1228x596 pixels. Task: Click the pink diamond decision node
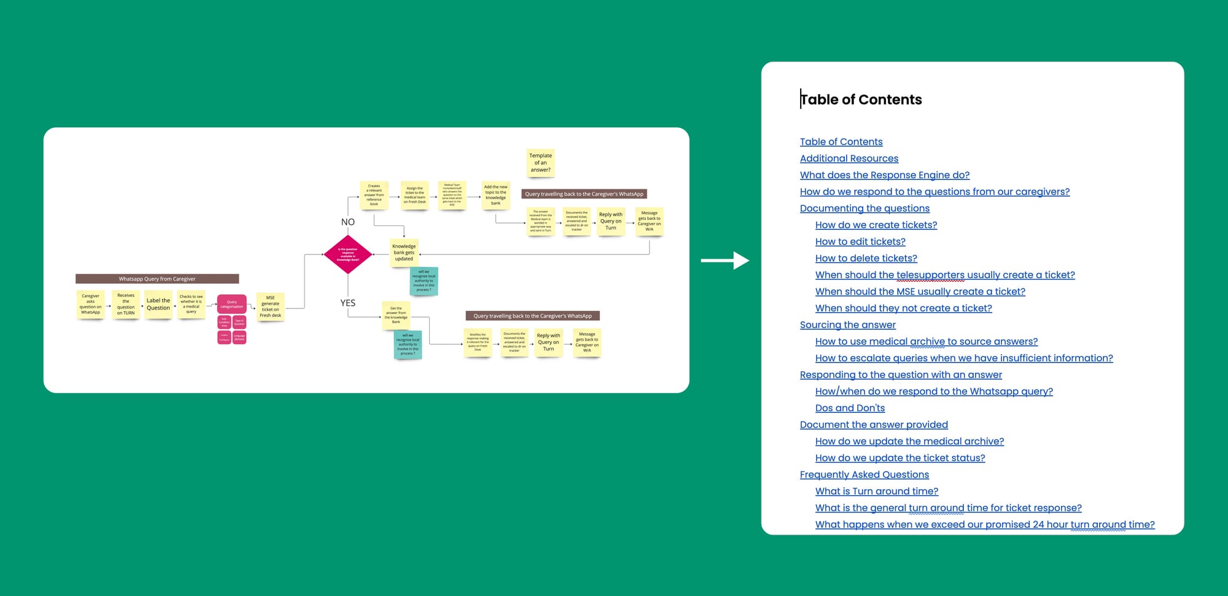point(348,254)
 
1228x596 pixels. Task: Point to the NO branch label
point(348,222)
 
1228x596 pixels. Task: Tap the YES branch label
point(348,303)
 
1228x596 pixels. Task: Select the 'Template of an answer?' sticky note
point(540,163)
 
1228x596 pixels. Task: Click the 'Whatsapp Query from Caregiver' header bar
point(157,279)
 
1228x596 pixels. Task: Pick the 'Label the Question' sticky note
point(158,304)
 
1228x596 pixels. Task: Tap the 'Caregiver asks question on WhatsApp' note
point(90,304)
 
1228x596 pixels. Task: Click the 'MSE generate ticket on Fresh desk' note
point(270,307)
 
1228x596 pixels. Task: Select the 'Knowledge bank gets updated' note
point(404,253)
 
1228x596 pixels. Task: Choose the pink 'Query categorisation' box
point(231,304)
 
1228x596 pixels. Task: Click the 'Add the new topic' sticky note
point(495,195)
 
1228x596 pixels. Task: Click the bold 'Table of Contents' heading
point(861,100)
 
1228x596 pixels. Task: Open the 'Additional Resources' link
point(849,159)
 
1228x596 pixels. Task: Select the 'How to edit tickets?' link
point(860,241)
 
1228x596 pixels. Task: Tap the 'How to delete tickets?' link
point(866,258)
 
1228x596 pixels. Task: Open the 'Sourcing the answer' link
point(847,325)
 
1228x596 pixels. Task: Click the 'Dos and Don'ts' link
point(850,408)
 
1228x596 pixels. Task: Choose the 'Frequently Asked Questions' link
point(864,474)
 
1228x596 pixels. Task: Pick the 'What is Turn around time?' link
point(876,491)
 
